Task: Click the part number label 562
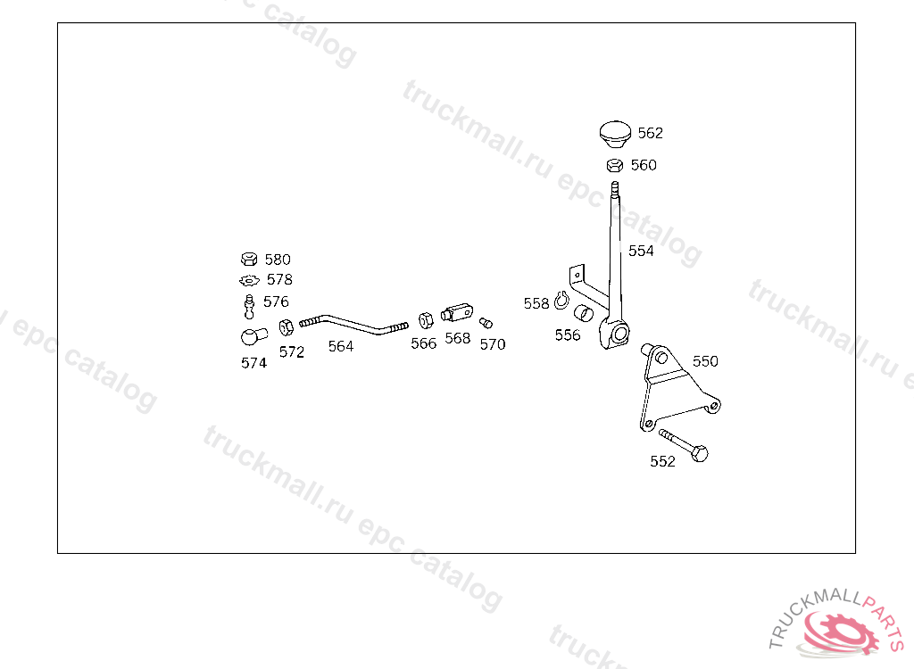[x=650, y=133]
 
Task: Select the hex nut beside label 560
[x=614, y=165]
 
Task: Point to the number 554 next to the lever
[x=641, y=251]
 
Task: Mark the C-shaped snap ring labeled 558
[x=561, y=301]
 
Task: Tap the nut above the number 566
[x=426, y=320]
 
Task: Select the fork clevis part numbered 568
[x=456, y=313]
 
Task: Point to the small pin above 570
[x=486, y=322]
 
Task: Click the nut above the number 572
[x=287, y=326]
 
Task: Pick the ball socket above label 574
[x=250, y=337]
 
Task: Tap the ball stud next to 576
[x=250, y=305]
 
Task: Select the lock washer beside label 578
[x=249, y=280]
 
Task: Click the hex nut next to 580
[x=249, y=260]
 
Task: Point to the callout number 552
[x=662, y=461]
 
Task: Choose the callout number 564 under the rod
[x=340, y=346]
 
